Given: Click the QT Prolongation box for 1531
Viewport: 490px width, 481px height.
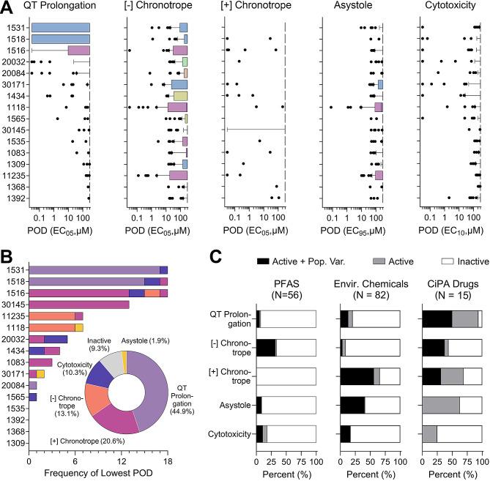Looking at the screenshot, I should [61, 28].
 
